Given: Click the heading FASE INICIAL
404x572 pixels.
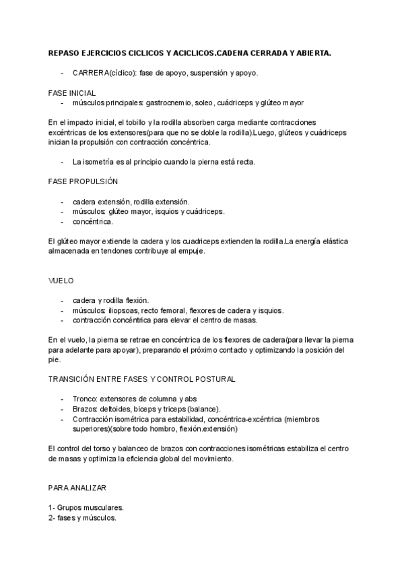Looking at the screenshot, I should coord(72,92).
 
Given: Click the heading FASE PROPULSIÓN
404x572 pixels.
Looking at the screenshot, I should coord(83,181).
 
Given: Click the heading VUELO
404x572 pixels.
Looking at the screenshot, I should coord(61,280).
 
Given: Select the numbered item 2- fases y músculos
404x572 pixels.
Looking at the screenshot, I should coord(82,518).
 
